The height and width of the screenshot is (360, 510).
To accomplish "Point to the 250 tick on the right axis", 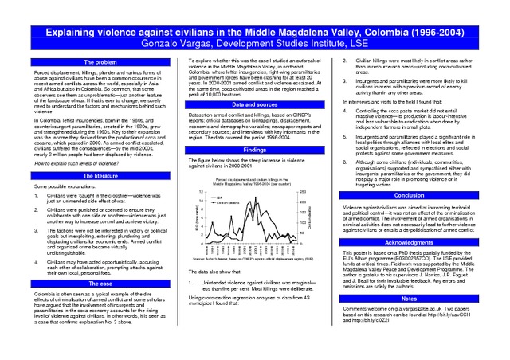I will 303,190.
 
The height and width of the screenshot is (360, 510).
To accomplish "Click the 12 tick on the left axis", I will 202,190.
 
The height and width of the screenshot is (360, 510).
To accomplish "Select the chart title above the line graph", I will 253,182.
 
